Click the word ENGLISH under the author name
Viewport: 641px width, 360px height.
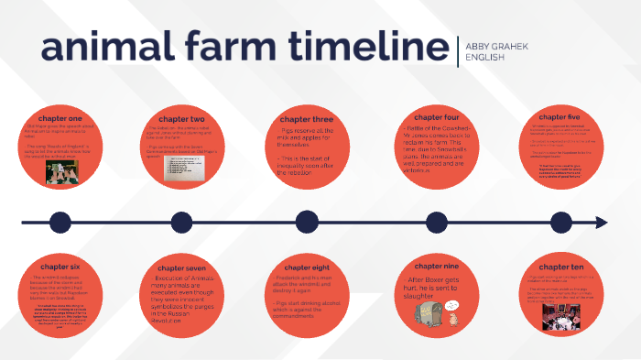click(x=484, y=57)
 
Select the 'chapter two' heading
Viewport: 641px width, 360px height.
click(x=180, y=119)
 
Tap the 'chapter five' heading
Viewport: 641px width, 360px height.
click(x=562, y=119)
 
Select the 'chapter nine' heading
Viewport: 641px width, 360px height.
click(x=436, y=266)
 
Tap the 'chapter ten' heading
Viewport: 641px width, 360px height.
click(x=562, y=266)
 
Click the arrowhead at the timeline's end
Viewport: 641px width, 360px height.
click(x=601, y=223)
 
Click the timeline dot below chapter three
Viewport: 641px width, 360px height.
click(x=308, y=223)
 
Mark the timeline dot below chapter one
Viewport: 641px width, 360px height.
click(x=60, y=223)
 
